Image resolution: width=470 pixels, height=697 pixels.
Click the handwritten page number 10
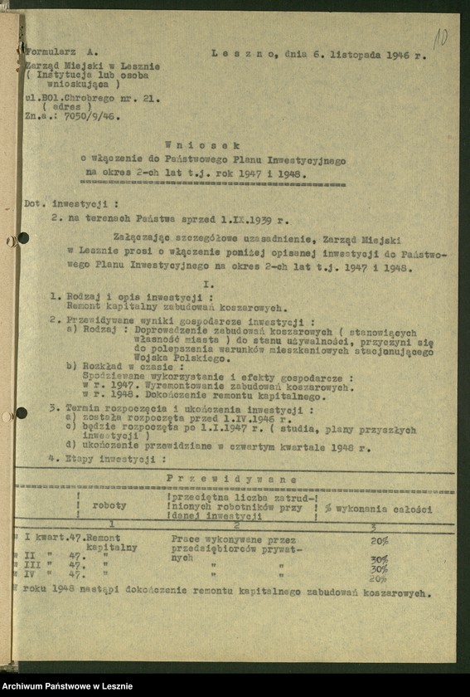[440, 37]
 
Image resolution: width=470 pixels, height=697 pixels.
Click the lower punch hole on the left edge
[21, 412]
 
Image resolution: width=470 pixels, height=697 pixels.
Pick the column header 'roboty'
[109, 505]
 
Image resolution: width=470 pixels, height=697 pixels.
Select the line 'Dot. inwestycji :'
[71, 202]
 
